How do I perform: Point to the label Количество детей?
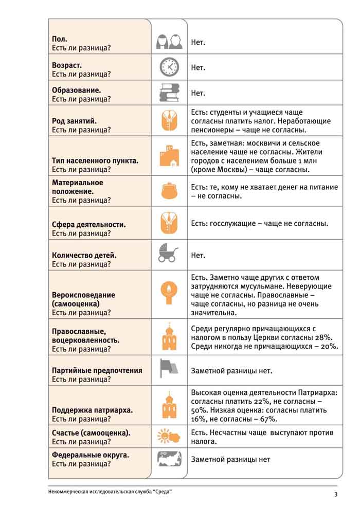[84, 255]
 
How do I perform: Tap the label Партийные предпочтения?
[97, 370]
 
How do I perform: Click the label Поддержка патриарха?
[93, 410]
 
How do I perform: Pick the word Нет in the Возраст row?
[198, 67]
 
